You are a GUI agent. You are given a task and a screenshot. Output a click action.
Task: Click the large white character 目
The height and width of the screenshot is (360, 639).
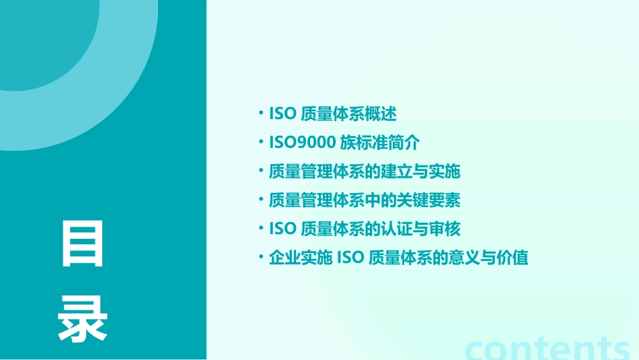83,244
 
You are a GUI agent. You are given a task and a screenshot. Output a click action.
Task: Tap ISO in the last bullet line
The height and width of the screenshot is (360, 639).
350,258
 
